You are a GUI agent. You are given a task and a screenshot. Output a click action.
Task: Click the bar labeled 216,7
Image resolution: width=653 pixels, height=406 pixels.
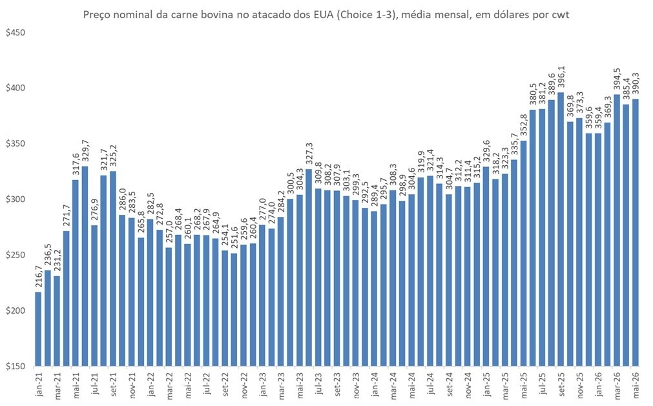(38, 329)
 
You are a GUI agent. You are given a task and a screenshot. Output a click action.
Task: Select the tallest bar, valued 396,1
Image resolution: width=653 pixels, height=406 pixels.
(561, 229)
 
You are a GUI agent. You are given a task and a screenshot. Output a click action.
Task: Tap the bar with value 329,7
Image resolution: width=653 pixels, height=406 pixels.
(85, 266)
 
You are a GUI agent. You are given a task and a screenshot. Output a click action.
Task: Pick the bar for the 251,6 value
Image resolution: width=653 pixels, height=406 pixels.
(234, 310)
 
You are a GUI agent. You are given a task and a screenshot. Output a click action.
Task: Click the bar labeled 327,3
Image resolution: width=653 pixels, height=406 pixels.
(309, 267)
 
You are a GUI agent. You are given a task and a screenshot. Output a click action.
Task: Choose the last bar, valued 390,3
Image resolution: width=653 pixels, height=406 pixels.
(636, 232)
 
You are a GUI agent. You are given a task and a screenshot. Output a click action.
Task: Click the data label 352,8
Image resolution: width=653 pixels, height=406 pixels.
(524, 126)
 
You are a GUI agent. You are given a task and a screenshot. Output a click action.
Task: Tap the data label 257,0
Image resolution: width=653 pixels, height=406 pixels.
(169, 233)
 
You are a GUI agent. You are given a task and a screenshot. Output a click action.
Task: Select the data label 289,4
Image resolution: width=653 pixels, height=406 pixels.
(375, 197)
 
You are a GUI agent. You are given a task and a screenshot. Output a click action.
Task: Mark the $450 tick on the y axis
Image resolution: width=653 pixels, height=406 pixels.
(16, 32)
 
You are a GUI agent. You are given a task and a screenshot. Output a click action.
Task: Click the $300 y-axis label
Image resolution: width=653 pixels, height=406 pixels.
(16, 199)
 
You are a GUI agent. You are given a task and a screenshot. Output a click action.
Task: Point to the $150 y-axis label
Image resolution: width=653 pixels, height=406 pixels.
(16, 367)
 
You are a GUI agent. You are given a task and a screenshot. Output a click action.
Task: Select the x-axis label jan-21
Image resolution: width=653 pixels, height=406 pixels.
(39, 383)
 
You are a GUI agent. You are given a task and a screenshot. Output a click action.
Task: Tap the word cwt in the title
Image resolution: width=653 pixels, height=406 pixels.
(561, 15)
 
